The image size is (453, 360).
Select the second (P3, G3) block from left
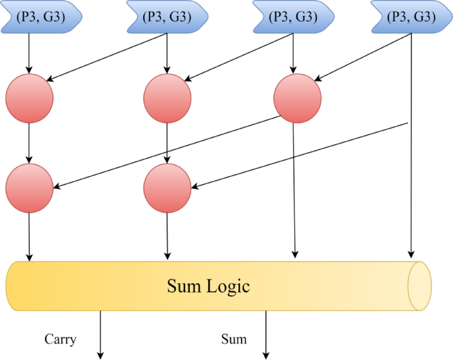tap(165, 17)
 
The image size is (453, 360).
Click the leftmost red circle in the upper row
tap(29, 99)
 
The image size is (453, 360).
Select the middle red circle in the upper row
tap(167, 99)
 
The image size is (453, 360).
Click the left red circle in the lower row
tap(29, 187)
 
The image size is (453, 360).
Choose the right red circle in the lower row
tap(167, 187)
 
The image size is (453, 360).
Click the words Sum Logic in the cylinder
tap(208, 287)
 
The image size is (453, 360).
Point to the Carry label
tap(61, 339)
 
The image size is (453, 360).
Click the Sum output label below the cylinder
tap(233, 339)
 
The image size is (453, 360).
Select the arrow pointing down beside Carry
tap(101, 335)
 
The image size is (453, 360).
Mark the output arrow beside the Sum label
tap(266, 335)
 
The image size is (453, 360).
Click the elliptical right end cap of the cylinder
tap(419, 286)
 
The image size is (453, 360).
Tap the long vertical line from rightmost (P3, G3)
tap(412, 165)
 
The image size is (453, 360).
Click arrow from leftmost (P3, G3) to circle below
tap(29, 53)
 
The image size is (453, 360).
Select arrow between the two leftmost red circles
tap(29, 142)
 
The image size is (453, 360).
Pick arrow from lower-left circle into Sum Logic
tap(29, 235)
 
